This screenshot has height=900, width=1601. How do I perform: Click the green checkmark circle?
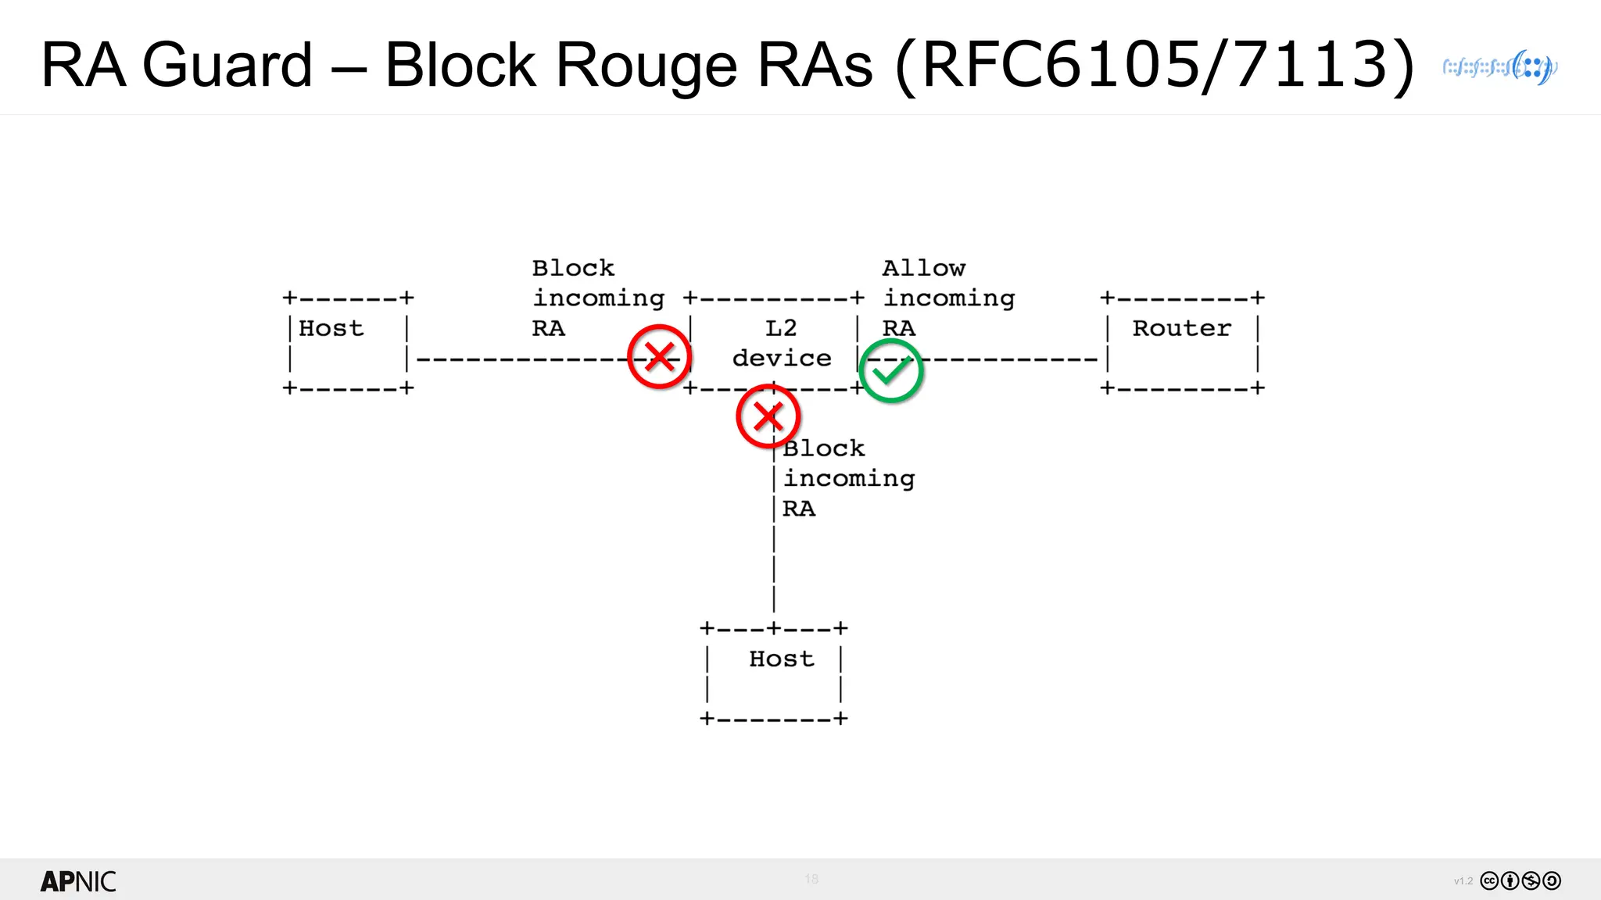pos(890,371)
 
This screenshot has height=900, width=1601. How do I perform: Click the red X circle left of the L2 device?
pos(659,357)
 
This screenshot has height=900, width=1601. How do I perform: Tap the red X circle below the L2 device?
pos(768,416)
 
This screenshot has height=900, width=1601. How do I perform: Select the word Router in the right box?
pos(1181,328)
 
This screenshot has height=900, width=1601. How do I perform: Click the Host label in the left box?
pos(331,328)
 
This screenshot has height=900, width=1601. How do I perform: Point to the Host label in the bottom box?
pos(781,659)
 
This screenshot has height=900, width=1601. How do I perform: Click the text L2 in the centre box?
pos(781,328)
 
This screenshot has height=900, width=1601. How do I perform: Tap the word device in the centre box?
pos(781,358)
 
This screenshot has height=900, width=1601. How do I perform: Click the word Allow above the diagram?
pos(923,268)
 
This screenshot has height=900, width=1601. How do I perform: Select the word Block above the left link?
pos(573,268)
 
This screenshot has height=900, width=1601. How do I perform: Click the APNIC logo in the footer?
pos(78,881)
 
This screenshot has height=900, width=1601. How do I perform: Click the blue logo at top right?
pos(1500,67)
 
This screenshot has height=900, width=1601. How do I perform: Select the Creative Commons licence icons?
pos(1520,880)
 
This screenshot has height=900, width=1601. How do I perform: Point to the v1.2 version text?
pos(1463,881)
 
